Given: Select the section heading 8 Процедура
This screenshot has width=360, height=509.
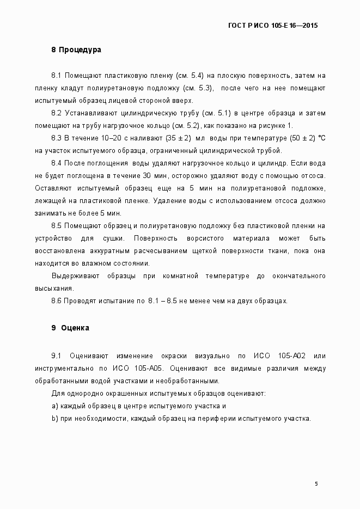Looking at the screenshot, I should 76,50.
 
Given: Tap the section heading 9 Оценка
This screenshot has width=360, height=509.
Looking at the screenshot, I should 70,328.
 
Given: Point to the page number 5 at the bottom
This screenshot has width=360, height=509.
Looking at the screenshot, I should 316,483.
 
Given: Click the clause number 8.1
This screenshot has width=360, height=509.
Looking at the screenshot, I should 57,74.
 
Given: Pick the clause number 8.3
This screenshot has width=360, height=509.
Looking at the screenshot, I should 57,137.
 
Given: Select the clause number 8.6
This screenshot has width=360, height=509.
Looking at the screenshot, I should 57,301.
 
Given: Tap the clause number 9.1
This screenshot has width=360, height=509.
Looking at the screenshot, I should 57,356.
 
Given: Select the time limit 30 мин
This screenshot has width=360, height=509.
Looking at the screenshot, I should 155,175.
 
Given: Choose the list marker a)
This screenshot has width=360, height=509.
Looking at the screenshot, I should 54,406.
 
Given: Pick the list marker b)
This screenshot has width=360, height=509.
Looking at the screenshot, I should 54,419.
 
